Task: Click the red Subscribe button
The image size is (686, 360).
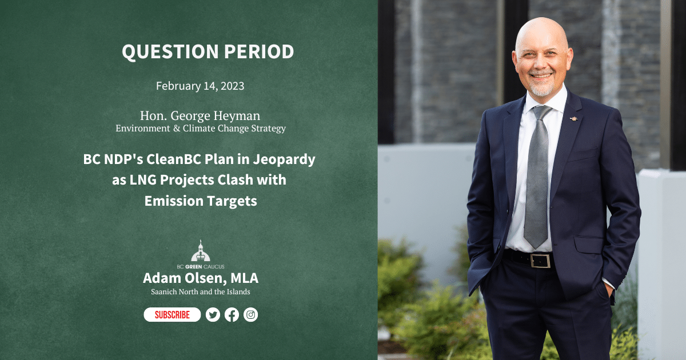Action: [x=172, y=314]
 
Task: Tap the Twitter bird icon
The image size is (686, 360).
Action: [x=213, y=314]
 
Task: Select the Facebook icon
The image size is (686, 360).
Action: [x=232, y=314]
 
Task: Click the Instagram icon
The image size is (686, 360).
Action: [x=251, y=314]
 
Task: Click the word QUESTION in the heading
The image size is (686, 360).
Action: [x=170, y=51]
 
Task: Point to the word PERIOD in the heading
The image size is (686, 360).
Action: [x=259, y=51]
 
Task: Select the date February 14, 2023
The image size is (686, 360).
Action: [x=200, y=86]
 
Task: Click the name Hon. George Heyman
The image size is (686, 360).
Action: [x=200, y=115]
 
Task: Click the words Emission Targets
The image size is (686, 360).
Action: [x=201, y=201]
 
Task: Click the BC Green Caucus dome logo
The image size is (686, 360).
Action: [x=201, y=251]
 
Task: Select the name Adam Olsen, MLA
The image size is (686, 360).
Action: [x=201, y=278]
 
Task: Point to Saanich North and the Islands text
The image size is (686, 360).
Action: [x=201, y=292]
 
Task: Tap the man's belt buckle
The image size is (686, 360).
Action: [x=540, y=261]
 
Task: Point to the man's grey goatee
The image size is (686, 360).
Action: [x=541, y=89]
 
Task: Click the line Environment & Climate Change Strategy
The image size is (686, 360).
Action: [x=201, y=128]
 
